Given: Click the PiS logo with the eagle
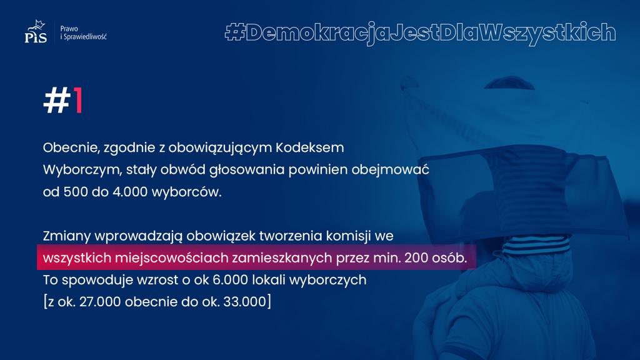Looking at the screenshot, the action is pos(36,31).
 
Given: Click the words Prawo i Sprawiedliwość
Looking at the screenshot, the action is pos(83,32).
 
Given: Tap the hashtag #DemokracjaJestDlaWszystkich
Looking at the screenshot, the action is pos(420,32).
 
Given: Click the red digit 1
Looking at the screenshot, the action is pos(78,100).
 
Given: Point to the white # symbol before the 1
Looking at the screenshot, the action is pos(57,100).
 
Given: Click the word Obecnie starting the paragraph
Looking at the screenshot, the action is pos(71,147).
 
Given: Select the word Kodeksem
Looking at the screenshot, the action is pos(310,147).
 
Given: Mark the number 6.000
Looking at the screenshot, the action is pos(230,280).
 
